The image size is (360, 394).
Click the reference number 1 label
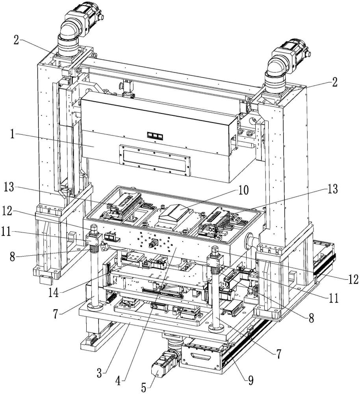(x=12, y=135)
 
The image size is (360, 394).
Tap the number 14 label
(x=54, y=292)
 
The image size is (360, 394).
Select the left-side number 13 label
(x=9, y=187)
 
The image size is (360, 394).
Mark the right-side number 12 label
(x=353, y=279)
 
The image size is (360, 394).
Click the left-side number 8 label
(x=12, y=257)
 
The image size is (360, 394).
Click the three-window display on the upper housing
(x=155, y=136)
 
